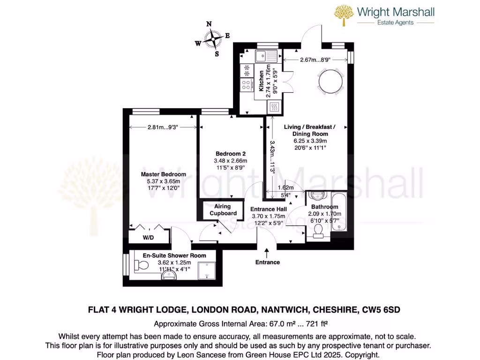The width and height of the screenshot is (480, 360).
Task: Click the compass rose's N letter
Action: tap(209, 24)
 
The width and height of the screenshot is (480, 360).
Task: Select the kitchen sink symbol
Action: tap(267, 56)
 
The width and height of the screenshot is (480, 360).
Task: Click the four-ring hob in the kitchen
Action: tap(246, 85)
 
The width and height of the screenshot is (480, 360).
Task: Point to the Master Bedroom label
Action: tap(164, 174)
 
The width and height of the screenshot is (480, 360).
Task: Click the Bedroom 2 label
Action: tap(231, 154)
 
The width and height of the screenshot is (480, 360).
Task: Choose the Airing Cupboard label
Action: tap(223, 210)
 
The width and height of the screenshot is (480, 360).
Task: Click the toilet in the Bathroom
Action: tap(319, 230)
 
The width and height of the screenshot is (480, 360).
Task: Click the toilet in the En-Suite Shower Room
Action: tap(141, 266)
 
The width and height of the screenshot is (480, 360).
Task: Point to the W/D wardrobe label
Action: tap(148, 238)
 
